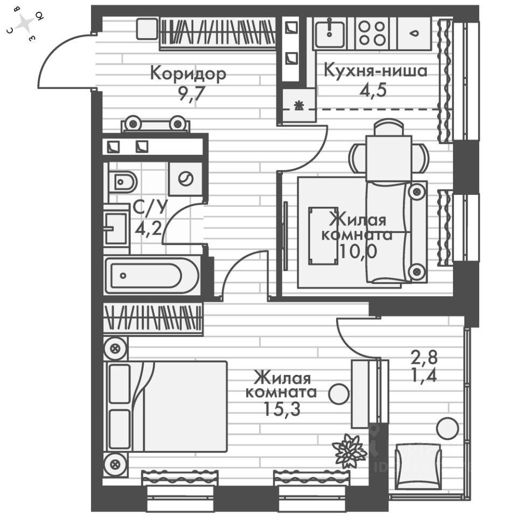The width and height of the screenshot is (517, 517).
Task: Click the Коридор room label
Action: tap(188, 73)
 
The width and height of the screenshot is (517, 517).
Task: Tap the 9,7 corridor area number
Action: tap(188, 93)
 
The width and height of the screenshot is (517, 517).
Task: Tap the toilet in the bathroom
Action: tap(123, 181)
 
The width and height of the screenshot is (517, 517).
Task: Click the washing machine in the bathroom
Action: tap(186, 178)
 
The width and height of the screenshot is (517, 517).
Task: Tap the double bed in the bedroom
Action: tap(167, 406)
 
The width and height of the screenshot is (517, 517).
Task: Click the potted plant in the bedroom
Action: tap(349, 450)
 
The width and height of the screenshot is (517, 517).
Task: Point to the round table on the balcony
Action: tap(448, 429)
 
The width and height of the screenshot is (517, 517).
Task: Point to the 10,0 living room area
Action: tap(357, 251)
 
